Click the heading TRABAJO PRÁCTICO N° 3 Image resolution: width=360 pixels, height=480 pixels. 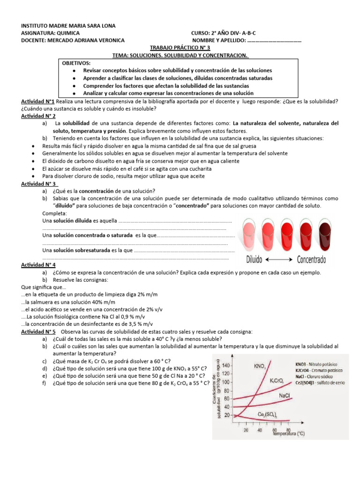coord(180,48)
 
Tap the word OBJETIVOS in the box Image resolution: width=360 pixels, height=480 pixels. coord(77,63)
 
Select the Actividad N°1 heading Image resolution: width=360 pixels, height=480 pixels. coord(38,102)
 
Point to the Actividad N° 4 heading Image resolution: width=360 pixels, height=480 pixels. coord(39,265)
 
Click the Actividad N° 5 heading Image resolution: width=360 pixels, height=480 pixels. coord(39,331)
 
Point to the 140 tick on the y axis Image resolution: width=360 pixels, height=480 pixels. coord(226,365)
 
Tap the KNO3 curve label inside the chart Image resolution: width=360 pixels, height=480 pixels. coord(260,366)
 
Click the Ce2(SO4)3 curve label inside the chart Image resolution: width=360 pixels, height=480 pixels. coord(267,415)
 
